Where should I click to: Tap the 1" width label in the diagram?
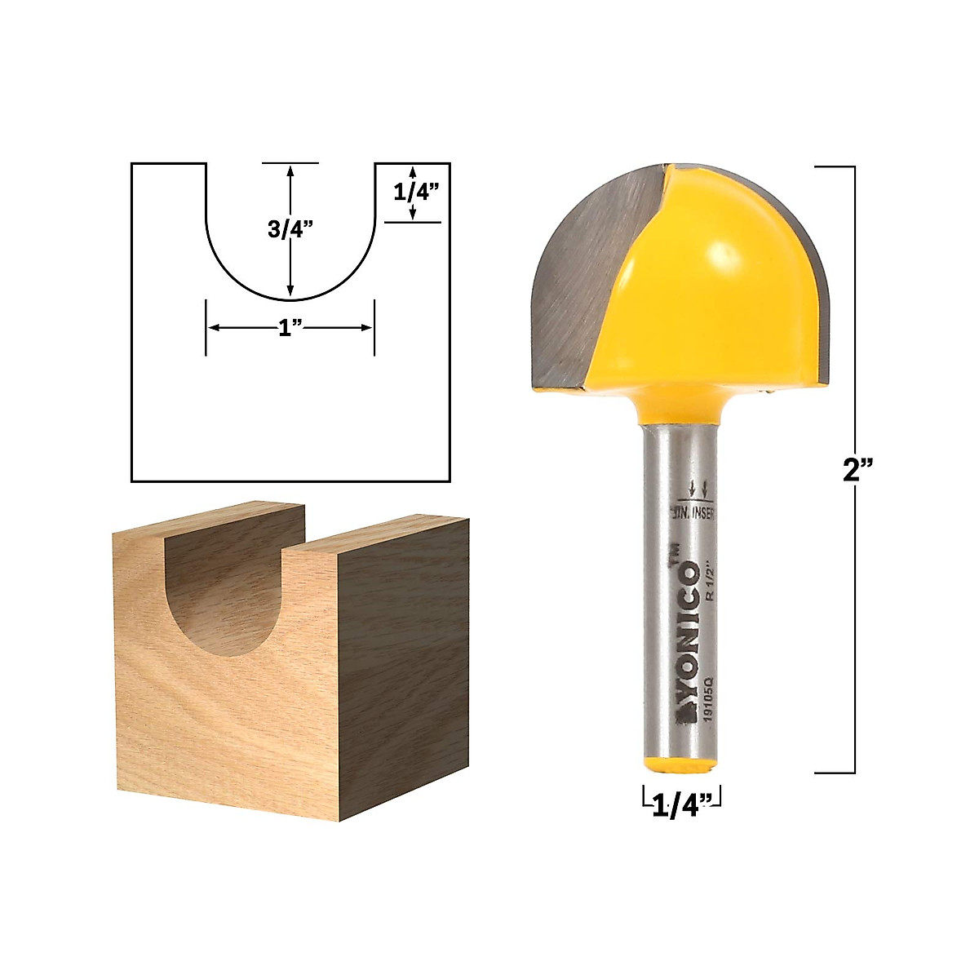coord(290,328)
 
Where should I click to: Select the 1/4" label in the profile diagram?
coord(417,193)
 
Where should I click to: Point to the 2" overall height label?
coord(857,471)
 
